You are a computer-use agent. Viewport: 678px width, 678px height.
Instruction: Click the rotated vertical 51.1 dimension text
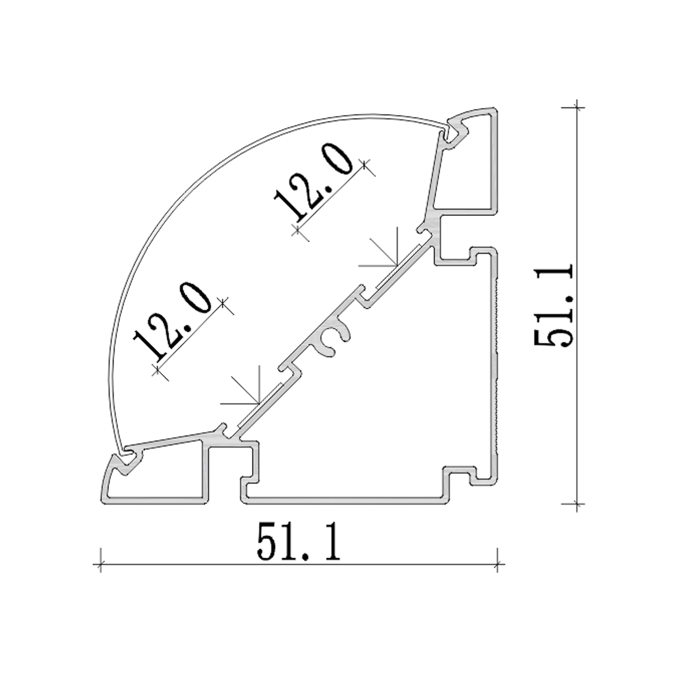point(554,305)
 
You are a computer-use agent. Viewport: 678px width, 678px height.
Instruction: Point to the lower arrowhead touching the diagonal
point(258,404)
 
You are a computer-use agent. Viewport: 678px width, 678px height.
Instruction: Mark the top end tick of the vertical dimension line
point(576,106)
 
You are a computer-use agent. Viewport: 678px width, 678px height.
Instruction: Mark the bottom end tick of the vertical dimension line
point(576,502)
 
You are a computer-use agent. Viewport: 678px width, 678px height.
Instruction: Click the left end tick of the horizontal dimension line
point(101,563)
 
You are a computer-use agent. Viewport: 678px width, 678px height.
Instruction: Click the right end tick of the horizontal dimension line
point(497,563)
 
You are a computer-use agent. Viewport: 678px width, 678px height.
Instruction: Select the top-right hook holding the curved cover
point(455,133)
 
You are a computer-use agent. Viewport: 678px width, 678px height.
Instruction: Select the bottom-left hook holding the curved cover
point(127,458)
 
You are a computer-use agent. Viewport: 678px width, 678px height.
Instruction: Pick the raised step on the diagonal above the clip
point(362,297)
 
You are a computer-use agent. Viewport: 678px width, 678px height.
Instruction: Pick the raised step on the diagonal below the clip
point(288,368)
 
